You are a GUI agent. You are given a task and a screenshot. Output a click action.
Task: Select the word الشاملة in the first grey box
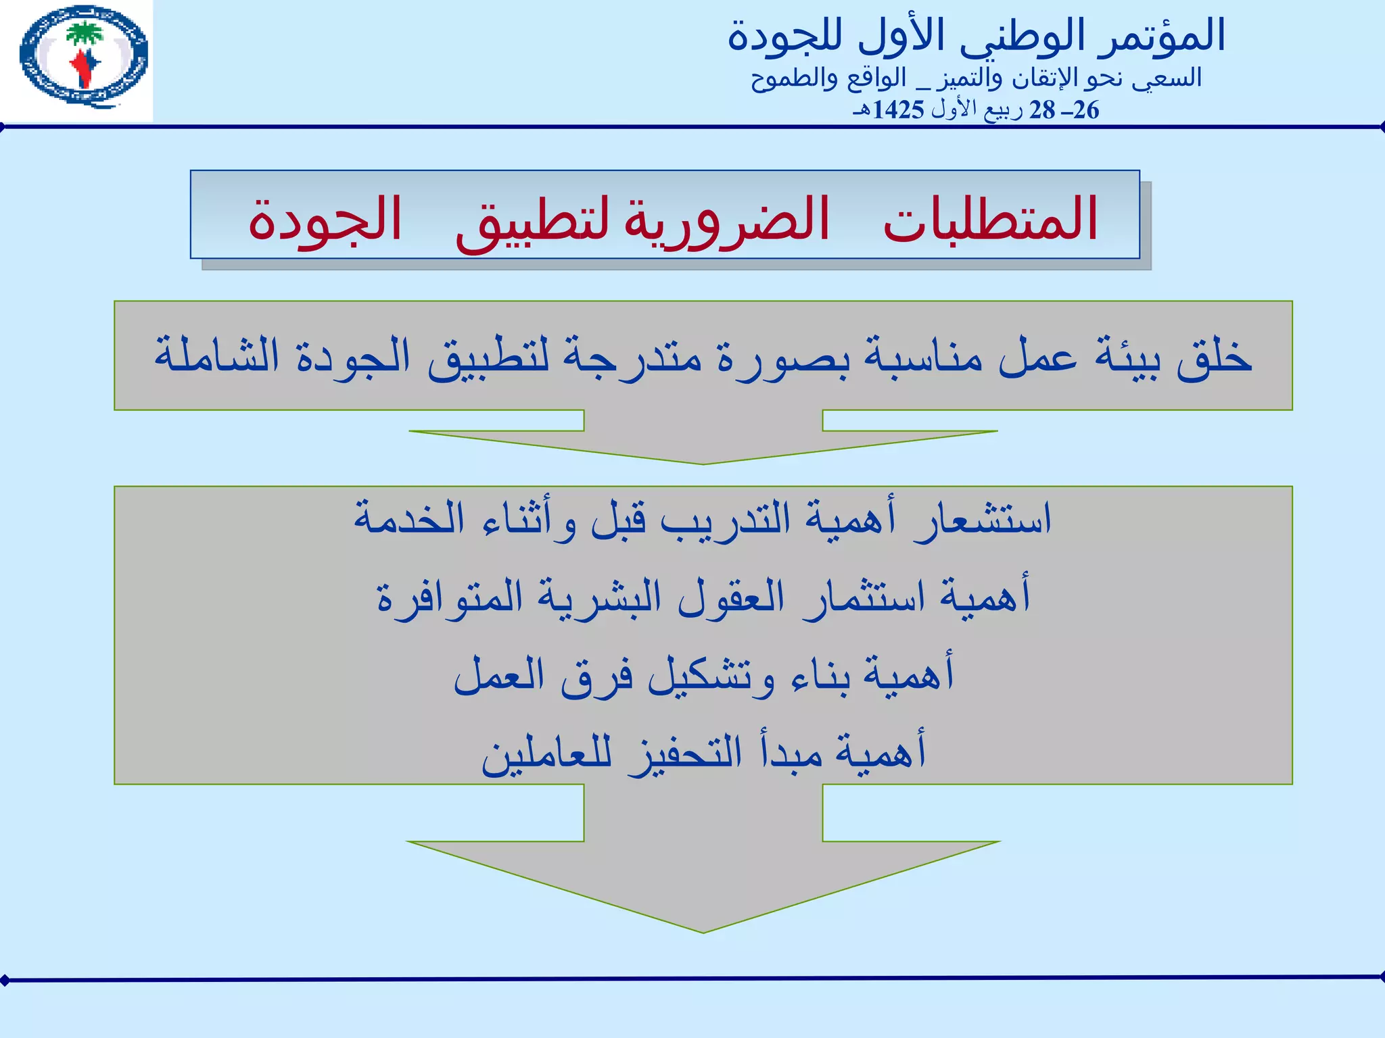coord(216,355)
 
